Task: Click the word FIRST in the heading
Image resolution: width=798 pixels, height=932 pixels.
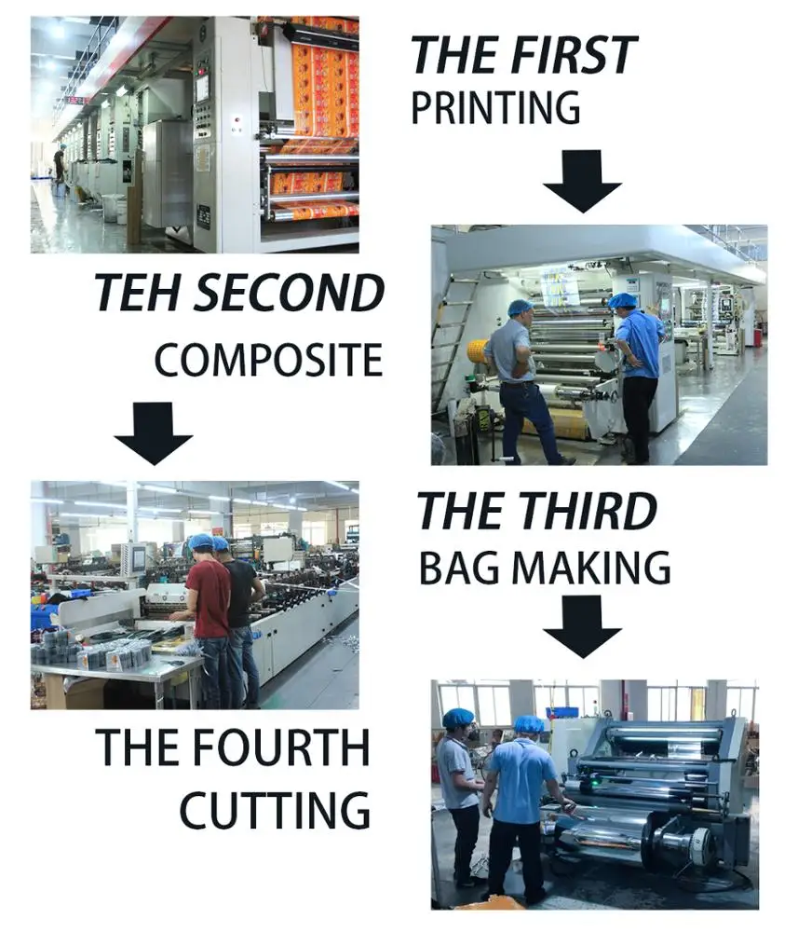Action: click(x=575, y=54)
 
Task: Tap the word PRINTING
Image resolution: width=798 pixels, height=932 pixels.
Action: click(x=495, y=107)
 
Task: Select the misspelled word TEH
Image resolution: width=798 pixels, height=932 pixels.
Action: click(x=139, y=293)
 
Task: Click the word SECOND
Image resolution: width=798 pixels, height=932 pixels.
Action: click(x=290, y=293)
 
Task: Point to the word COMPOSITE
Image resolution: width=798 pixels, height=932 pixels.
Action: click(x=268, y=360)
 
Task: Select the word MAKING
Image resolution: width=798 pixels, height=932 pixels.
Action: click(x=590, y=568)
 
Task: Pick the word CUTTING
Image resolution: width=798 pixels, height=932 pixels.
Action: click(x=275, y=810)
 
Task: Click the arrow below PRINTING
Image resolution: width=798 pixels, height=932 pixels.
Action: click(x=582, y=181)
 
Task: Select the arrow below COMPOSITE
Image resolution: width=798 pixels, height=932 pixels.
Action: click(x=154, y=433)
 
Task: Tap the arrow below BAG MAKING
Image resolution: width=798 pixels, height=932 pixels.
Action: click(x=582, y=626)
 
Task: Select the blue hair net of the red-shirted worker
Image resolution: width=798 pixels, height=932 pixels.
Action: click(x=200, y=541)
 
